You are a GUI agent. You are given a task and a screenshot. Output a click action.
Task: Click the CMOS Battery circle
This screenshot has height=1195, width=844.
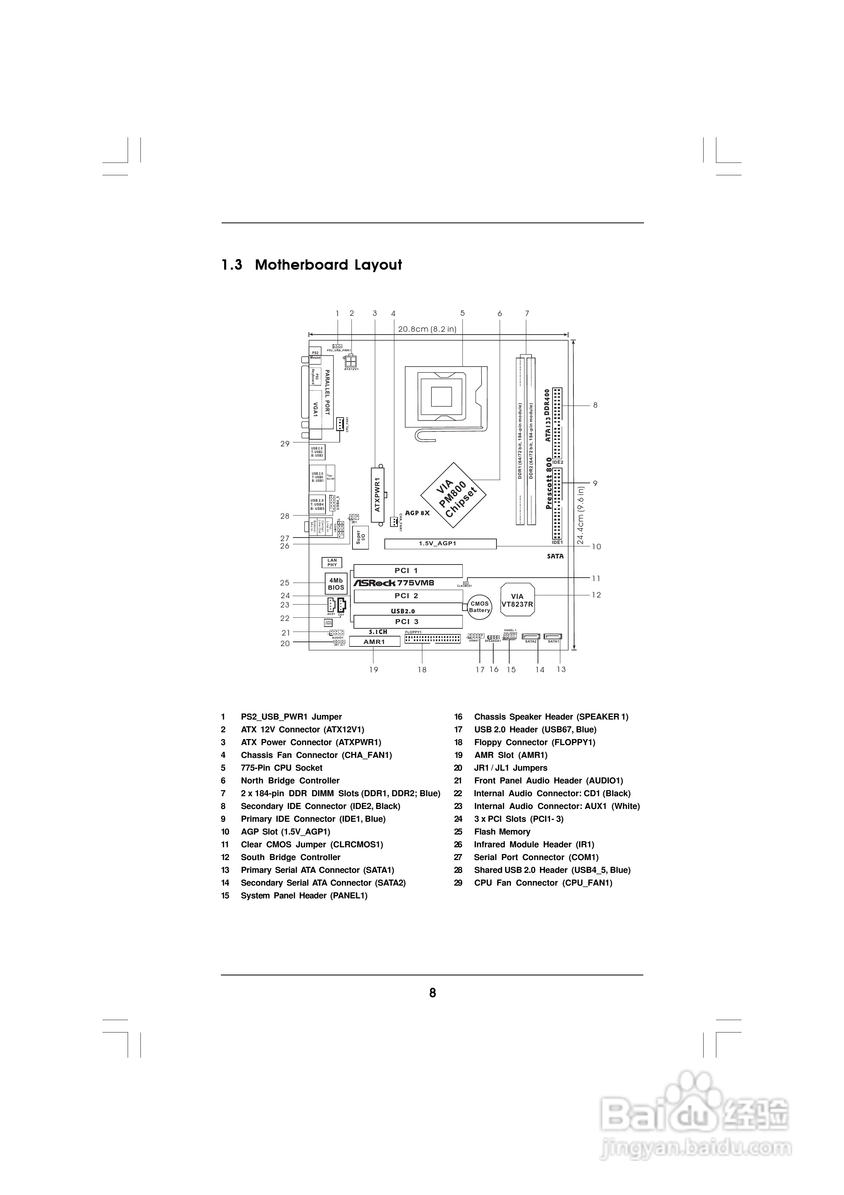pyautogui.click(x=479, y=607)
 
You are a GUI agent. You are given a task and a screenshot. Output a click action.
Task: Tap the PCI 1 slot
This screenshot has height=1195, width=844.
pyautogui.click(x=408, y=571)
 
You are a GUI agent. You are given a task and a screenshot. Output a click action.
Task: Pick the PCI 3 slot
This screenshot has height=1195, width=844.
pyautogui.click(x=408, y=621)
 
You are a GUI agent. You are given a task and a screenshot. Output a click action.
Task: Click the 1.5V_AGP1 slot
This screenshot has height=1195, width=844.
pyautogui.click(x=440, y=544)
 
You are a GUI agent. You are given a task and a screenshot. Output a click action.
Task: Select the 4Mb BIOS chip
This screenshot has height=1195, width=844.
pyautogui.click(x=335, y=584)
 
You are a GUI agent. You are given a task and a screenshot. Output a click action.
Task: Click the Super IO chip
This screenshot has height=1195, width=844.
pyautogui.click(x=360, y=538)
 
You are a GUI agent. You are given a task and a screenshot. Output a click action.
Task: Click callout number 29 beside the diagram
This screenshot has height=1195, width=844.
pyautogui.click(x=285, y=444)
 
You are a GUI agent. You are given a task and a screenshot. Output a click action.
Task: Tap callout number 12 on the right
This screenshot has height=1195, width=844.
pyautogui.click(x=596, y=595)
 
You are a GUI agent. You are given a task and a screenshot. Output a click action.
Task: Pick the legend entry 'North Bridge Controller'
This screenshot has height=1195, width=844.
pyautogui.click(x=290, y=781)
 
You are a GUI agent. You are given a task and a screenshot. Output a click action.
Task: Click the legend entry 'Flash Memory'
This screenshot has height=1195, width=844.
pyautogui.click(x=502, y=832)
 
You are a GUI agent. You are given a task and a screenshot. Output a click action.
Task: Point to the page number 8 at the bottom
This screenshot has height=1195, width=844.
pyautogui.click(x=432, y=992)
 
